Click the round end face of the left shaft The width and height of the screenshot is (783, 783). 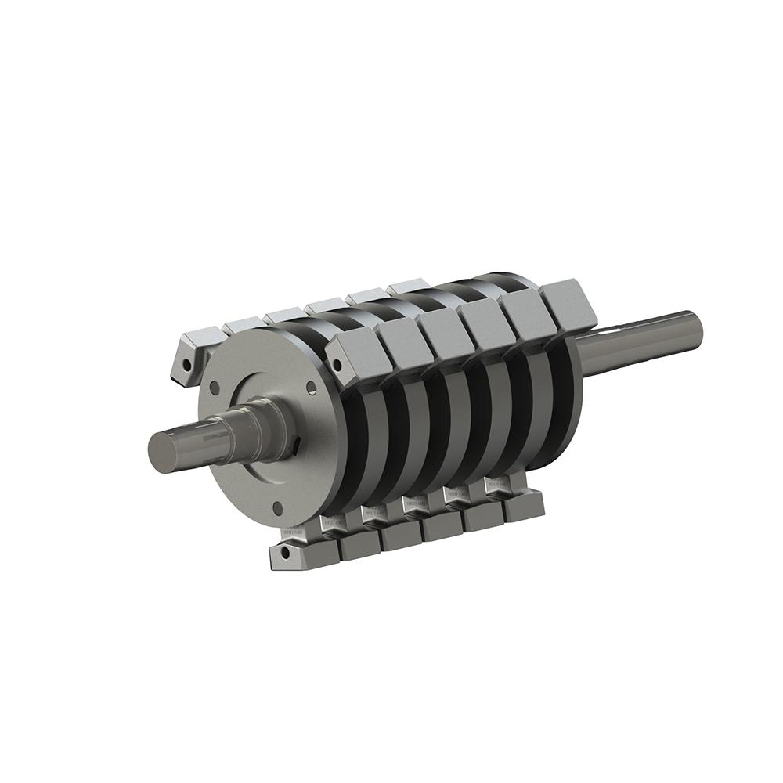point(162,450)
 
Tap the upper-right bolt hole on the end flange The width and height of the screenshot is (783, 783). point(312,387)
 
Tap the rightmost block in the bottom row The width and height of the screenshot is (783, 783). point(522,508)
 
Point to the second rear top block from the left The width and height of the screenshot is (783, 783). point(244,323)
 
